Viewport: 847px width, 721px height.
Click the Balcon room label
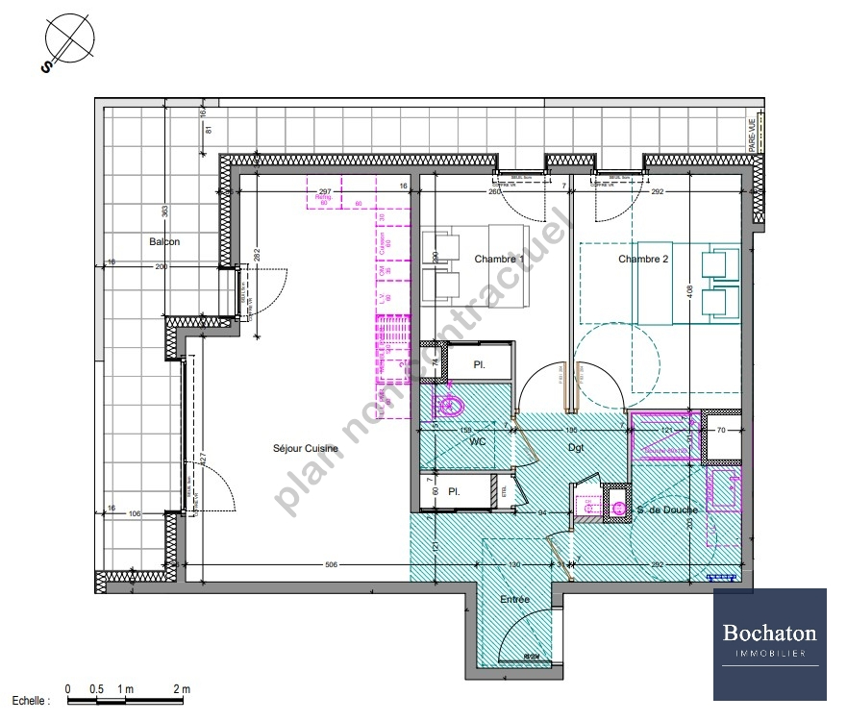coord(163,241)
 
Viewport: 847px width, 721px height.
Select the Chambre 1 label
coord(500,259)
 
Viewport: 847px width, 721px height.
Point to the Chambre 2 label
coord(643,259)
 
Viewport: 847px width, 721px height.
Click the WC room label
coord(478,443)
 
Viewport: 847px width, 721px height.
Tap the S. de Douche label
coord(666,510)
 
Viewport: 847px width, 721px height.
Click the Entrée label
coord(514,600)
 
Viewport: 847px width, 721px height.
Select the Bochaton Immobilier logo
coord(769,643)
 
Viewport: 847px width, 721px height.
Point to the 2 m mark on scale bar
coord(182,689)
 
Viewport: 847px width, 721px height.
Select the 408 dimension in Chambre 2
coord(690,287)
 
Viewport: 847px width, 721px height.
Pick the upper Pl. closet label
coord(478,365)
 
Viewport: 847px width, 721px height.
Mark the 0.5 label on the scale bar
coord(96,689)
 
